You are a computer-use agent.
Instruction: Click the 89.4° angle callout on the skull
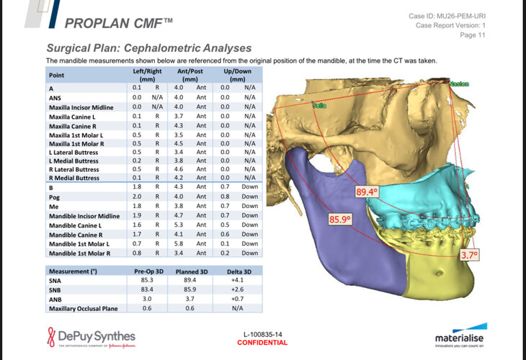coord(367,192)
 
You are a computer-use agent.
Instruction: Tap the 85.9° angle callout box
coord(340,220)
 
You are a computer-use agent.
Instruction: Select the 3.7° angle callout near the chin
coord(469,255)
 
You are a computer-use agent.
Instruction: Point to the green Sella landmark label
coord(319,106)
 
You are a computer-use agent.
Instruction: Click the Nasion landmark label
coord(459,84)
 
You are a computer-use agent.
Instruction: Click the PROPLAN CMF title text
coord(118,23)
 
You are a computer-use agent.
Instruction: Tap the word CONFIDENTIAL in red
coord(262,343)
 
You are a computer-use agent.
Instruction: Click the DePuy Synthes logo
coord(92,337)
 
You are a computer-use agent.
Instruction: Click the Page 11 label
coord(473,35)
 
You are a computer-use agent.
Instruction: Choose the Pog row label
coord(54,197)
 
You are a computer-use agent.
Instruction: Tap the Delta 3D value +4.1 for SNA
coord(237,280)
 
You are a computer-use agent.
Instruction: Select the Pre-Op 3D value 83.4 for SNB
coord(147,289)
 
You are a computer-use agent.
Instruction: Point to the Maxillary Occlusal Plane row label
coord(83,308)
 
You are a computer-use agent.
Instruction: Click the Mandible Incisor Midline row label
coord(84,216)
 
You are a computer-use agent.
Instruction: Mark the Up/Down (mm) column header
coord(238,75)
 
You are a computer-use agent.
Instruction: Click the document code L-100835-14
coord(263,334)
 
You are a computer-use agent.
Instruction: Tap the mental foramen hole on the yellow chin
coord(438,273)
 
